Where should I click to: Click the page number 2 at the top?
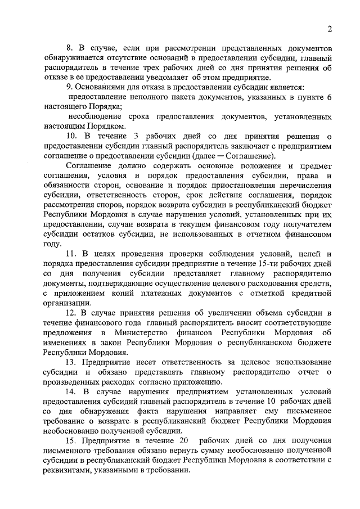pyautogui.click(x=330, y=29)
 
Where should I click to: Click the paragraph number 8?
pyautogui.click(x=70, y=47)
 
